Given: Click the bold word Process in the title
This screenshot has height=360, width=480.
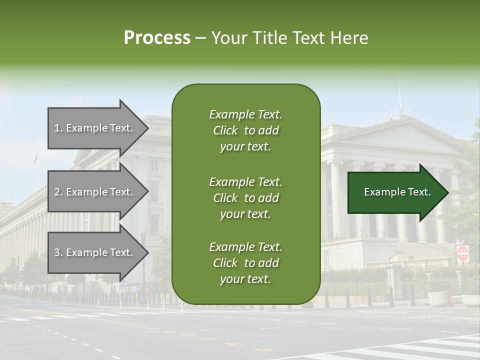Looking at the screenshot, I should coord(157,38).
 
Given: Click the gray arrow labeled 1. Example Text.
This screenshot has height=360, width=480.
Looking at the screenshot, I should coord(95,128).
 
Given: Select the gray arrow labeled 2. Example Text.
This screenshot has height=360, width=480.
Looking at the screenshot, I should coord(95,192).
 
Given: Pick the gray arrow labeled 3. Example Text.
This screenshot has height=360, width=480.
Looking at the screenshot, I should coord(95,252).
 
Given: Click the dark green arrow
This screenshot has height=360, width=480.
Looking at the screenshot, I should coord(395,192).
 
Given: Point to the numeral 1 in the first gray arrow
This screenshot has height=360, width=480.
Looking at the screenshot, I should coord(57,128).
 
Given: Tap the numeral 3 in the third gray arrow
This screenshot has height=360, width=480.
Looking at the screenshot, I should coord(57,252).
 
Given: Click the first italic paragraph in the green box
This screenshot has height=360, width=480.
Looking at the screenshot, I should coord(245,130).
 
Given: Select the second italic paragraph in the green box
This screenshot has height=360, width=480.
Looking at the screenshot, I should coord(245,198).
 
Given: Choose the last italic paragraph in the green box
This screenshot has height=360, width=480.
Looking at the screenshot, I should coord(245,263).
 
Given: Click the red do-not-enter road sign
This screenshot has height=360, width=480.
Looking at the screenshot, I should coord(463,253).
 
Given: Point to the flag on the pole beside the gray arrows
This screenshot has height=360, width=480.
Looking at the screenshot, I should coord(35,159).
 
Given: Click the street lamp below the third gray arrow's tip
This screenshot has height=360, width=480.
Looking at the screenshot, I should coord(143,260).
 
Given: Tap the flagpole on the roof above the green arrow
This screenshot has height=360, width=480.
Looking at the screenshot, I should coord(399,92).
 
